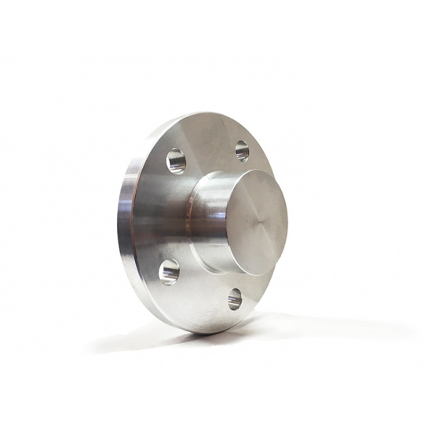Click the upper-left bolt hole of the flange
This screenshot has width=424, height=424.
[176, 162]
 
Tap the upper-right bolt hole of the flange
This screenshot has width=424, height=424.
[242, 150]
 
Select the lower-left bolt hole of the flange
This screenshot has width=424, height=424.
[169, 272]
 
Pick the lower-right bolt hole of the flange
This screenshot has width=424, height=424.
[235, 298]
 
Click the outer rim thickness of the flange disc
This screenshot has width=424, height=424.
[128, 228]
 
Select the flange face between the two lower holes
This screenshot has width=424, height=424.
[200, 298]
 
